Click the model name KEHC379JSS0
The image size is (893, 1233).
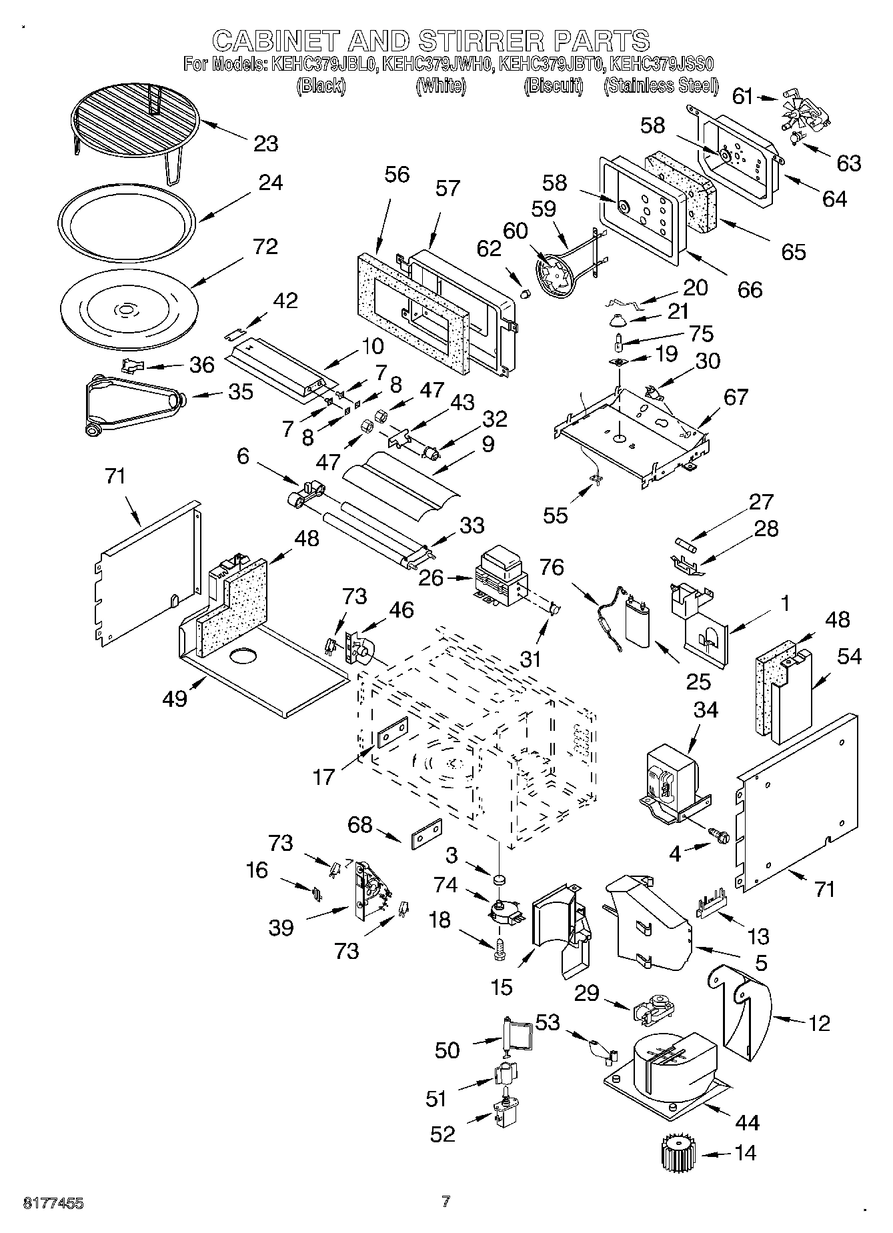pos(662,65)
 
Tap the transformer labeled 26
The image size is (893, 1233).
pos(500,572)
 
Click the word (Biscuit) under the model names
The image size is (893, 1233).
pos(554,85)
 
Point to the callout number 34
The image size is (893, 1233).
pos(705,710)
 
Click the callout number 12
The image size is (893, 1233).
pos(818,1022)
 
